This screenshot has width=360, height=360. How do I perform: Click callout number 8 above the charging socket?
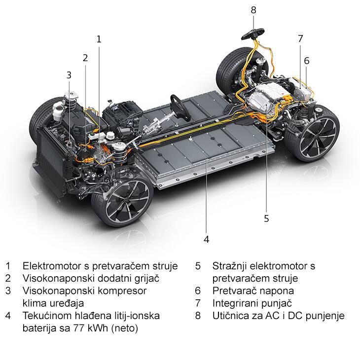pyautogui.click(x=253, y=10)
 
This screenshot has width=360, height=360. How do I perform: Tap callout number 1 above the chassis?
pyautogui.click(x=99, y=39)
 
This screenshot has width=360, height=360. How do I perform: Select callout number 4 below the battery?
pyautogui.click(x=207, y=239)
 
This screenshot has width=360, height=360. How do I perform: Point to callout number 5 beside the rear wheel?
pyautogui.click(x=266, y=218)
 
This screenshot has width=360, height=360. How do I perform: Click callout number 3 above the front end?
pyautogui.click(x=69, y=75)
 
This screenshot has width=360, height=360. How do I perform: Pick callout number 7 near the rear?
pyautogui.click(x=300, y=38)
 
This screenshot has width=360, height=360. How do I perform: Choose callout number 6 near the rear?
pyautogui.click(x=307, y=61)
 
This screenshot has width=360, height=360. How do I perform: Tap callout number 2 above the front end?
pyautogui.click(x=85, y=58)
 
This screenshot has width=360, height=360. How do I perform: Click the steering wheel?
pyautogui.click(x=180, y=108)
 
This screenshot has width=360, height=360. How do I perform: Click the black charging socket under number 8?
pyautogui.click(x=253, y=34)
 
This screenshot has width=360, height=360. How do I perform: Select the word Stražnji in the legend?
pyautogui.click(x=229, y=266)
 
